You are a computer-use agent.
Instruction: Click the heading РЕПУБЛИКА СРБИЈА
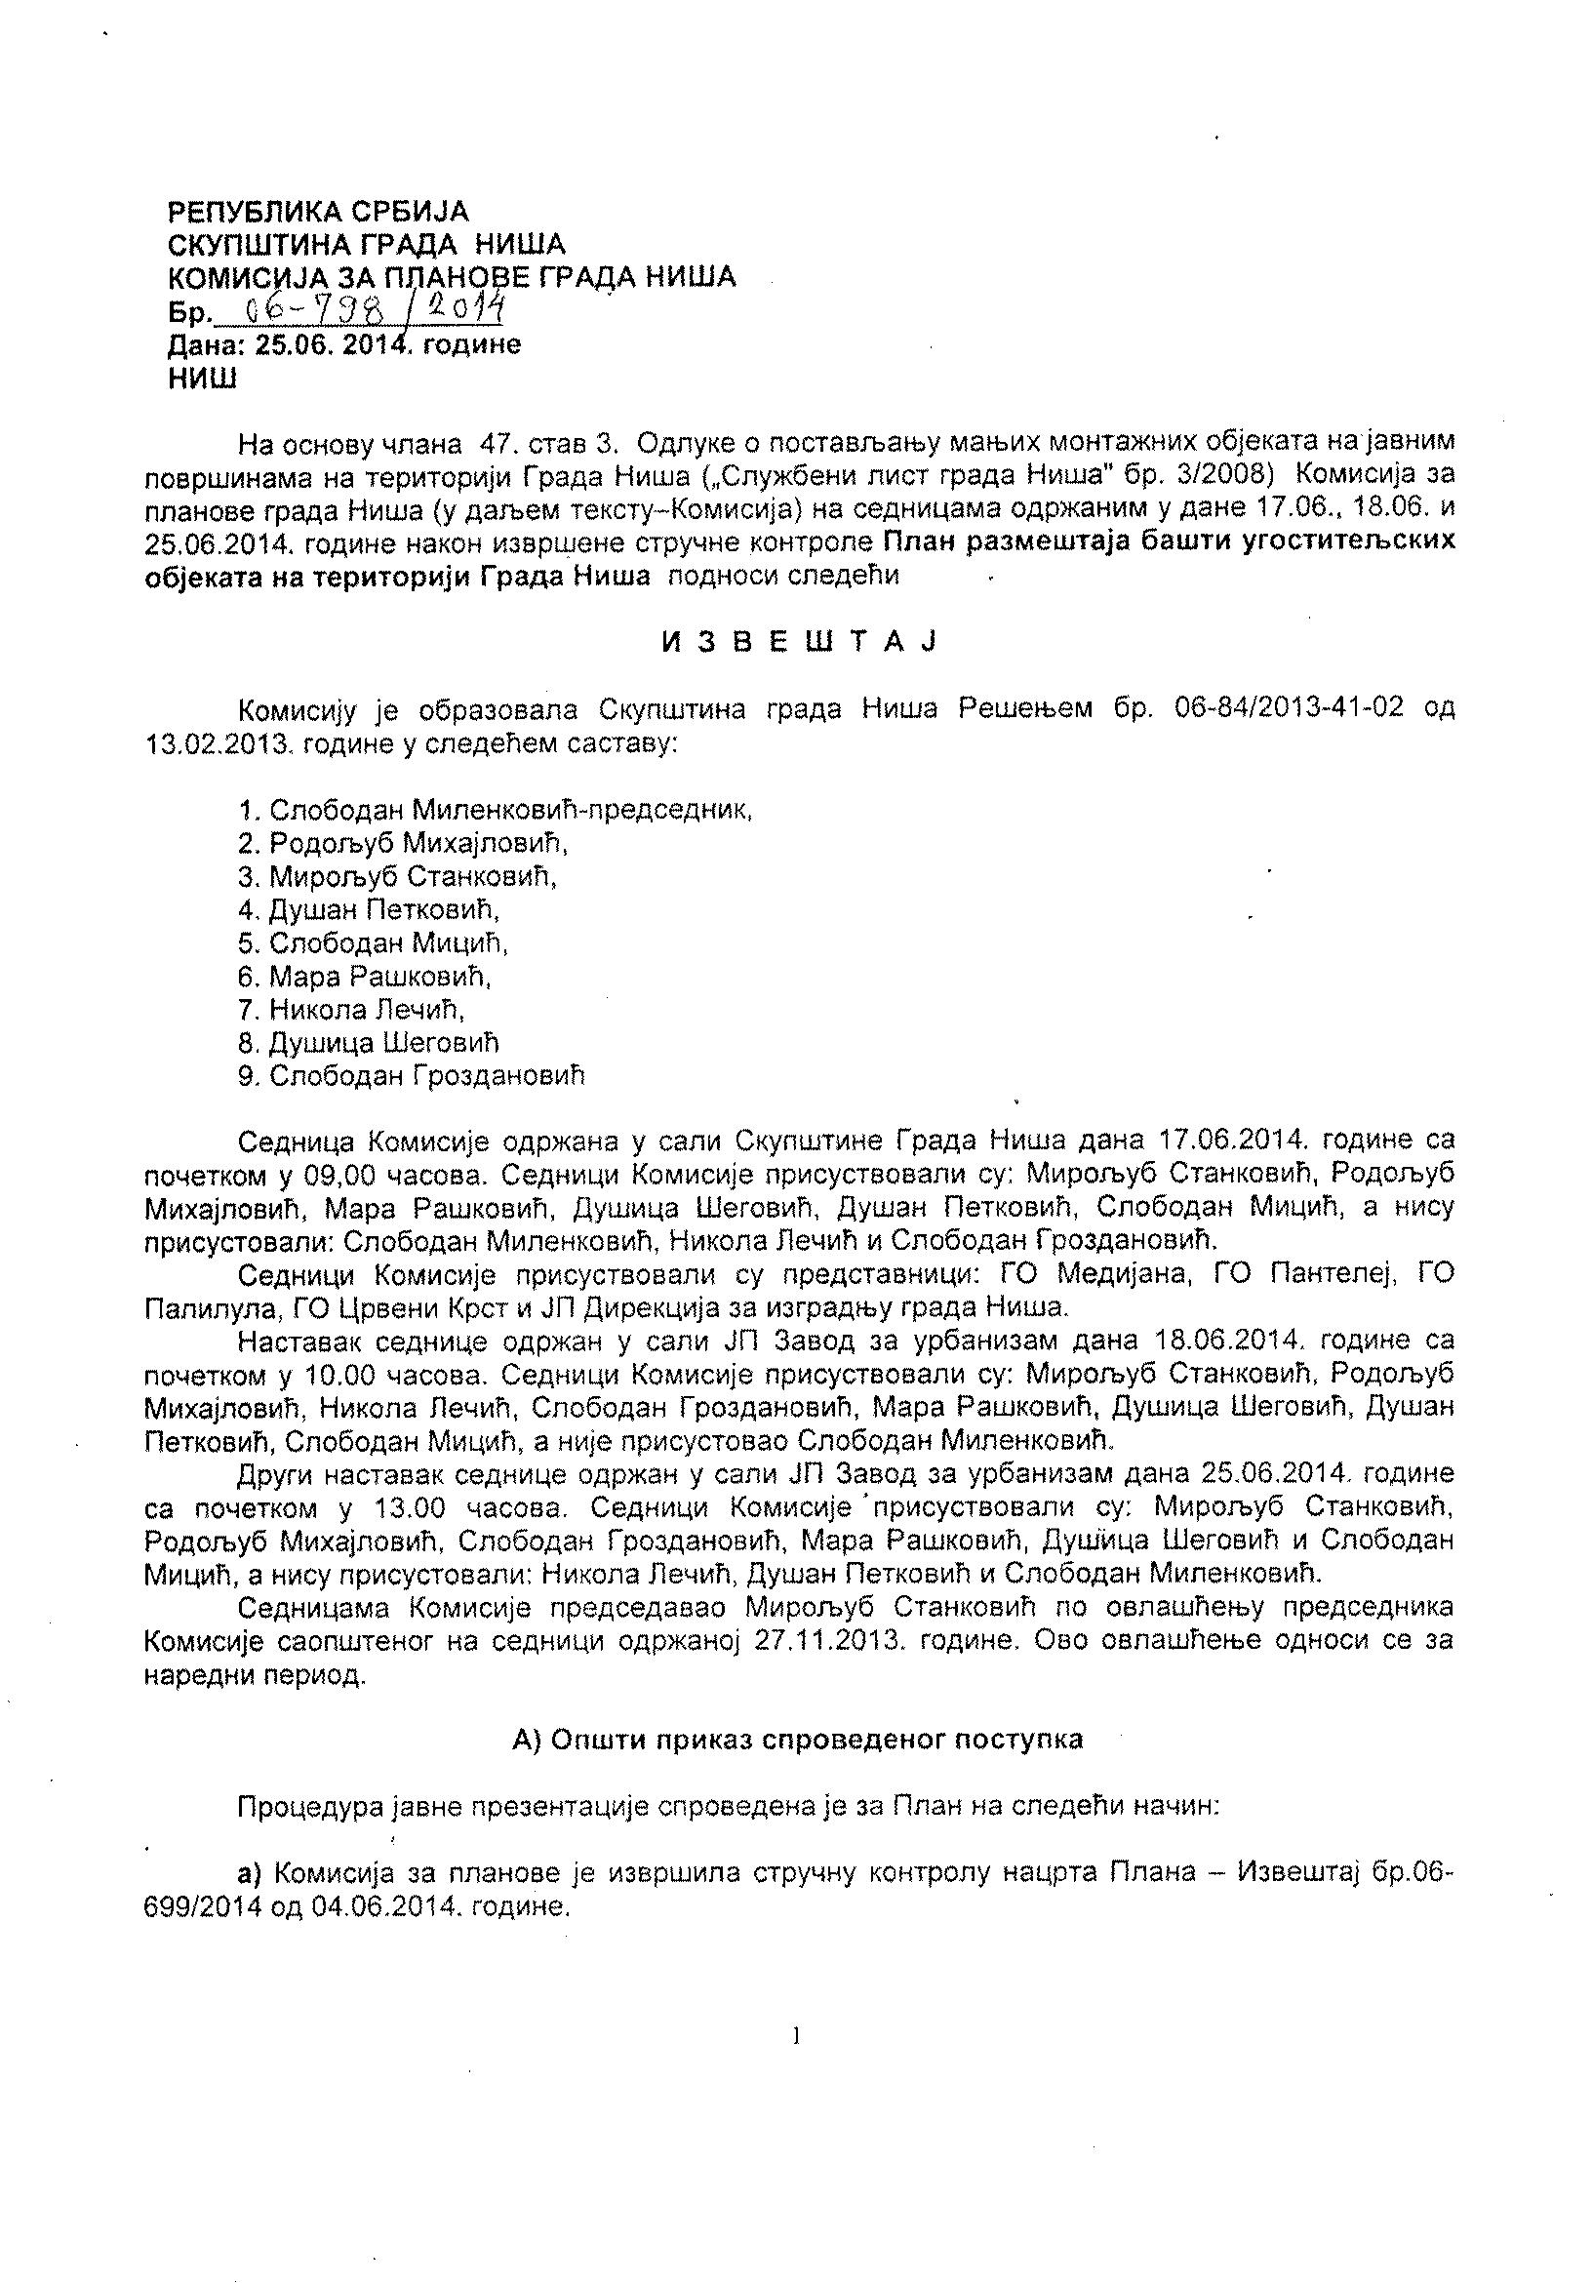316,212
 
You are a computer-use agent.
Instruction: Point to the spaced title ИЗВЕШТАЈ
800,641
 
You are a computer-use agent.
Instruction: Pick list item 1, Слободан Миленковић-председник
495,810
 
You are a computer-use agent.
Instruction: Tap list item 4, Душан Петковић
369,909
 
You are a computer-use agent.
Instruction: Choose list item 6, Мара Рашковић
365,976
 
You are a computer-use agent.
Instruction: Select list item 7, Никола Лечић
352,1009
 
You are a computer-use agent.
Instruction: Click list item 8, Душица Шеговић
368,1042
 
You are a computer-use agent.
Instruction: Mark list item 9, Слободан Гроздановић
412,1076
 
